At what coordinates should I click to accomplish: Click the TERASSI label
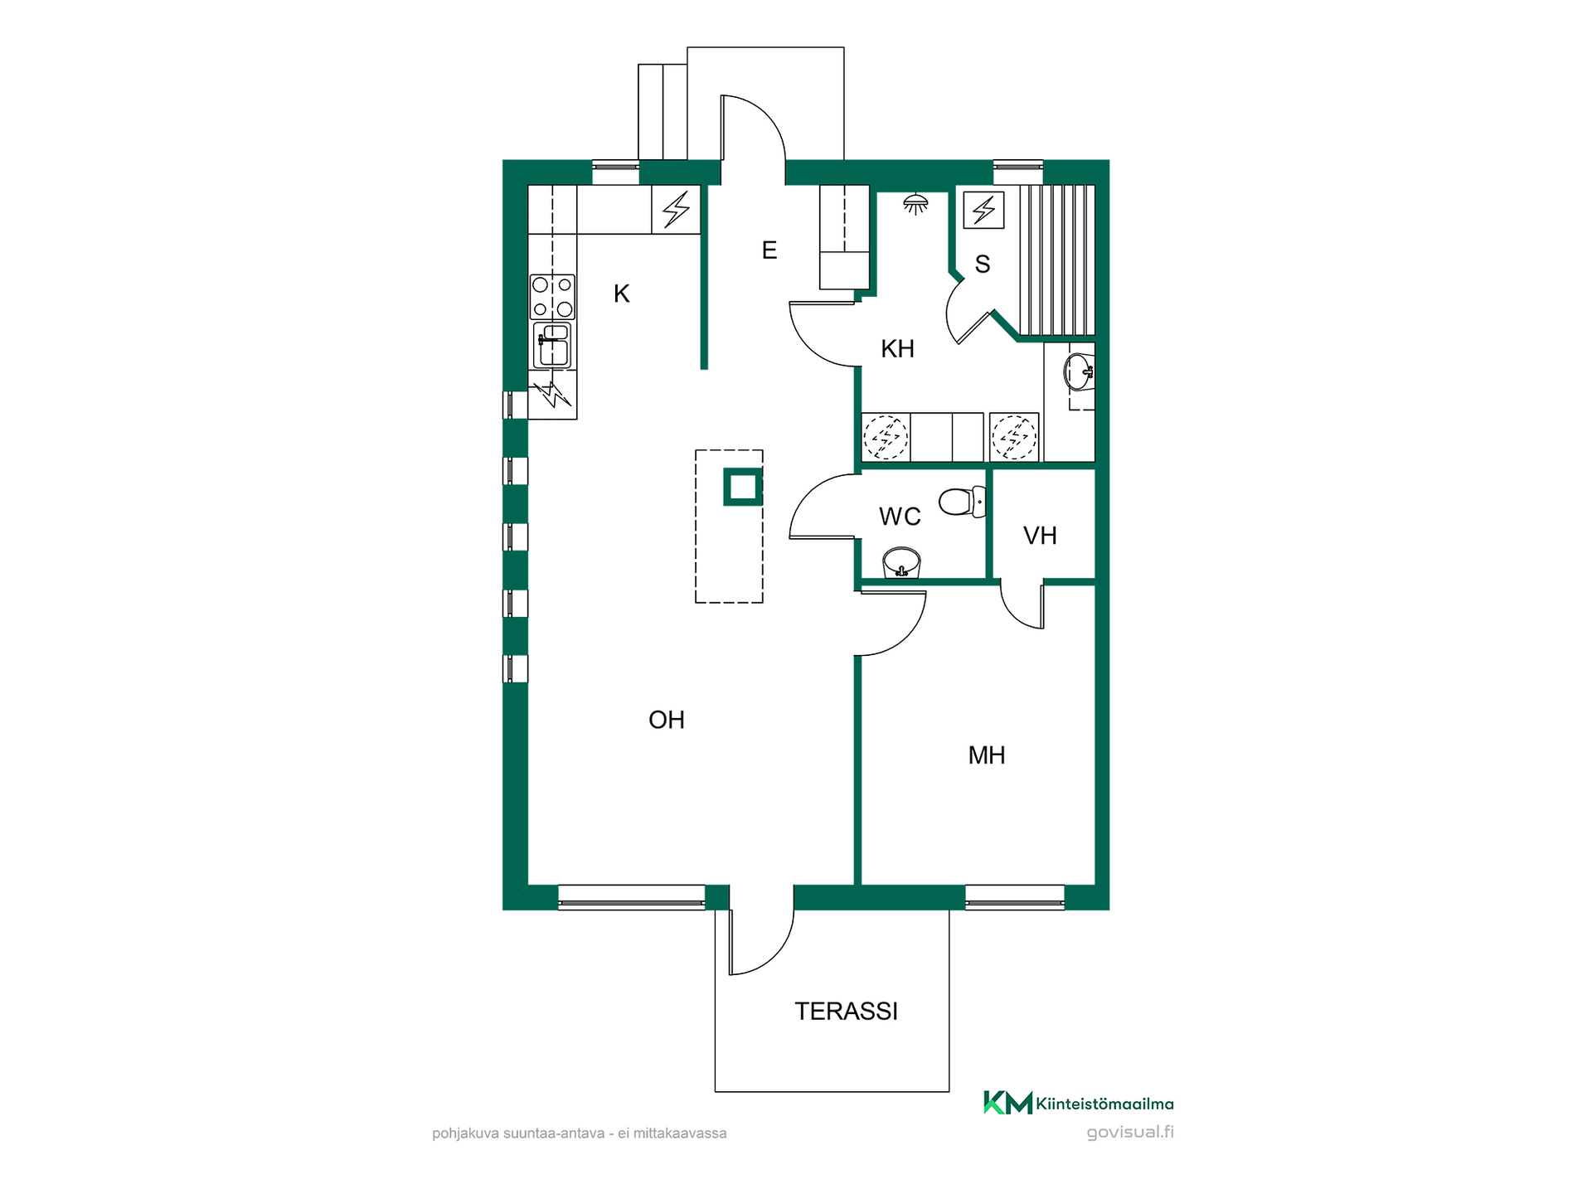coord(846,1012)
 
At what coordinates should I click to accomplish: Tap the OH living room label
coord(667,720)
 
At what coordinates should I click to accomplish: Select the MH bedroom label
coord(987,755)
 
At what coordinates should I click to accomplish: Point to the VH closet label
coord(1040,536)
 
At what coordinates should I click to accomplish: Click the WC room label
coord(900,517)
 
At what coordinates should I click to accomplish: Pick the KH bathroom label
coord(897,349)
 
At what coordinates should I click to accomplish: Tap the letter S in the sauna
coord(983,265)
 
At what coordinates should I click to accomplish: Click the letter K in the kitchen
coord(622,294)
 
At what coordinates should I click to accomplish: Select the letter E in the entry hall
coord(769,250)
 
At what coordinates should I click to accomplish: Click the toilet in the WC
coord(962,502)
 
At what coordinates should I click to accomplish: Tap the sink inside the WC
coord(901,562)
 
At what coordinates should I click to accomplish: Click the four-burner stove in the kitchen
coord(552,297)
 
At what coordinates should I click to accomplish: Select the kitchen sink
coord(552,345)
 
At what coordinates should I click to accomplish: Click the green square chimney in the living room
coord(743,487)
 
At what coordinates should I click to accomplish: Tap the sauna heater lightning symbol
coord(984,210)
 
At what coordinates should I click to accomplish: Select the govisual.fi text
coord(1130,1133)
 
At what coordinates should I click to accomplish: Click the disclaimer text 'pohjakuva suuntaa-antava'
coord(518,1133)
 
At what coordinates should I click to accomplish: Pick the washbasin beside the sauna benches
coord(1079,372)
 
